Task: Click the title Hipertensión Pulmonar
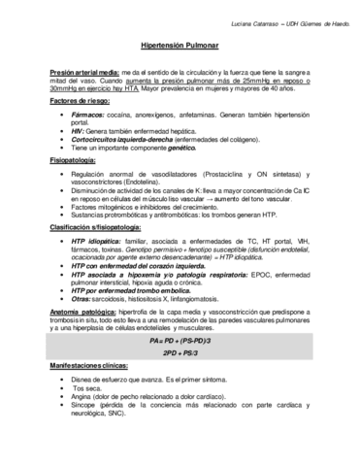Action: (180, 46)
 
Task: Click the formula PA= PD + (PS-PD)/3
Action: (180, 343)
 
